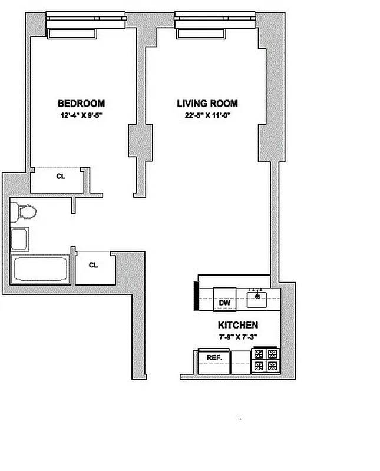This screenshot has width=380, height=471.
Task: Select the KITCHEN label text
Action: click(x=238, y=325)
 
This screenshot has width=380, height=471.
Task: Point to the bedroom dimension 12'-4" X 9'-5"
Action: click(x=81, y=116)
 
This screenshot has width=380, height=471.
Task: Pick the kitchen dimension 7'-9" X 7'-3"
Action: click(x=238, y=337)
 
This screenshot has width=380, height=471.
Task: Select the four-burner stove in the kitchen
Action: click(x=265, y=360)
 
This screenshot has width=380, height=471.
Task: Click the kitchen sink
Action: click(x=257, y=298)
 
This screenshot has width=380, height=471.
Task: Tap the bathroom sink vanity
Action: click(x=21, y=240)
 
